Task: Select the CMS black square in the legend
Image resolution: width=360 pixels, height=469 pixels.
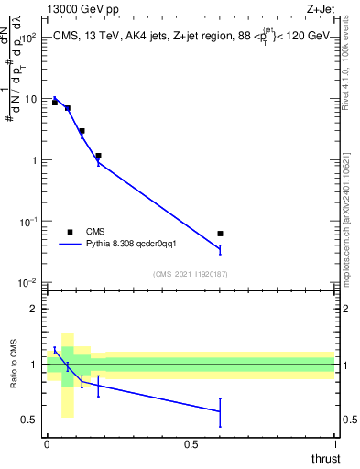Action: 70,232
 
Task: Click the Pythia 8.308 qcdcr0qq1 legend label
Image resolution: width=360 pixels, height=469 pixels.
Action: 131,245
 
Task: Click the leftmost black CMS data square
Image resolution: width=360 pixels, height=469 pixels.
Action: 55,103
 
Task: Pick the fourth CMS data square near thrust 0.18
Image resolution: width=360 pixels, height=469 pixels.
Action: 98,156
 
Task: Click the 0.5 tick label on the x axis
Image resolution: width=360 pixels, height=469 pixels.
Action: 191,443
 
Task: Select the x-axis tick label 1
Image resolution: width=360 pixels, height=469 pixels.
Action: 334,443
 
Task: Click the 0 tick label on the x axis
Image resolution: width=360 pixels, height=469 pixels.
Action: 47,443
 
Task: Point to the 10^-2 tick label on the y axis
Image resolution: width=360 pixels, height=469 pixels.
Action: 29,283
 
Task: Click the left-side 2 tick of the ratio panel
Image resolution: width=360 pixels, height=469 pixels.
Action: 35,309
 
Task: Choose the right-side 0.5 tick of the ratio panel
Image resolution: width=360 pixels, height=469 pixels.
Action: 346,420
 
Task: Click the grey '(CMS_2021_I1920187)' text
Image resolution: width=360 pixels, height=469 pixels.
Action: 191,273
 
